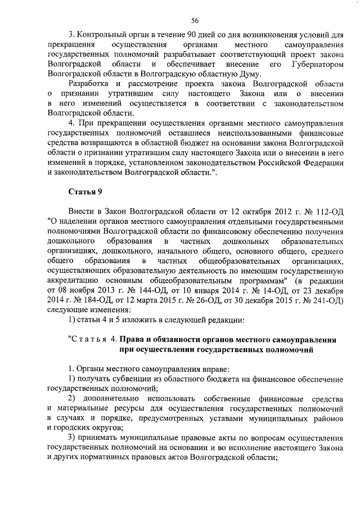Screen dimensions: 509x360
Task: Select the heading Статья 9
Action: coord(85,192)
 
